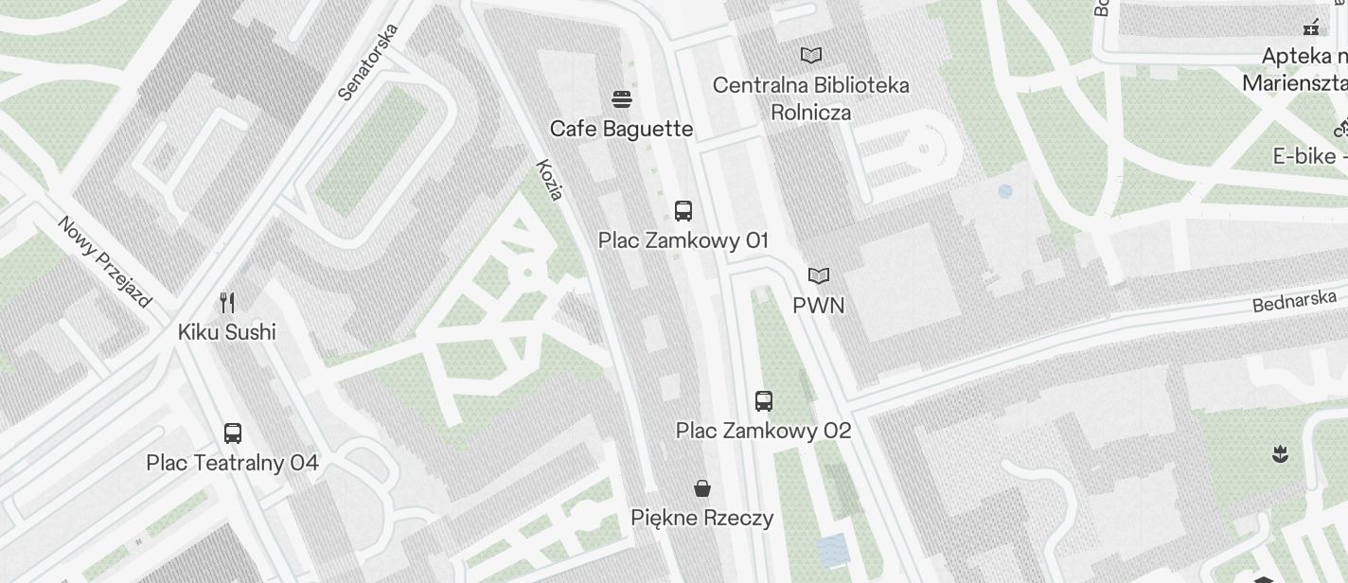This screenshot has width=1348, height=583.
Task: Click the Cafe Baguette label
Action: click(621, 129)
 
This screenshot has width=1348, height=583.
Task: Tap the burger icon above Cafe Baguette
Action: click(622, 98)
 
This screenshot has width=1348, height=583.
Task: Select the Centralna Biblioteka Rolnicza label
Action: click(810, 98)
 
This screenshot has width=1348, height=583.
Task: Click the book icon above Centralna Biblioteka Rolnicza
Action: click(811, 55)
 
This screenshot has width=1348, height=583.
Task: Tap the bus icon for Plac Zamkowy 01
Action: click(683, 210)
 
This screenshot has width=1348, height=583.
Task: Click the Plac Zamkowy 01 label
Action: click(683, 240)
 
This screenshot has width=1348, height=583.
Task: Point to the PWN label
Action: click(819, 306)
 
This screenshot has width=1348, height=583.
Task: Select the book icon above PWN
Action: click(819, 275)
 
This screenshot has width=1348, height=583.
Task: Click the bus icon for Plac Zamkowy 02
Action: click(764, 400)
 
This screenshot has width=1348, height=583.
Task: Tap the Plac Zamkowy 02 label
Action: click(763, 431)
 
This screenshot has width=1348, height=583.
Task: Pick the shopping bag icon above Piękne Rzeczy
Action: click(702, 488)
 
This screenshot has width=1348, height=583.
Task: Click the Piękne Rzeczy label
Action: click(701, 518)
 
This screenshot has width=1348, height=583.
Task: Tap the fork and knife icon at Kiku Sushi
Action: click(227, 302)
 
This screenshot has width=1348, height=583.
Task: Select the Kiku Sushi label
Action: click(227, 332)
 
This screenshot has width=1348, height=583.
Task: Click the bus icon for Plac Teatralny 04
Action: click(233, 433)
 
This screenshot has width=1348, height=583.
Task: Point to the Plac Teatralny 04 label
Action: click(232, 463)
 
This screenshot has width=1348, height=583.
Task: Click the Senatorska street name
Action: click(369, 62)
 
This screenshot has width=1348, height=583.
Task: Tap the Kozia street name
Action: click(550, 180)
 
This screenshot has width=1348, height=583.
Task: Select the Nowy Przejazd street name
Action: click(104, 262)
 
